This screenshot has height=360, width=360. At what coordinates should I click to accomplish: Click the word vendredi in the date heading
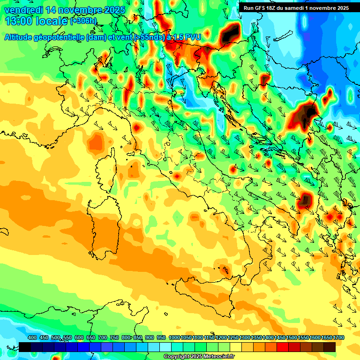click(x=23, y=10)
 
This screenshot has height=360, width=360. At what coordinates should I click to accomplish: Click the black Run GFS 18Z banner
click(x=296, y=8)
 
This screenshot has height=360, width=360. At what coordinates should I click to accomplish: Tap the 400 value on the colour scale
click(x=32, y=338)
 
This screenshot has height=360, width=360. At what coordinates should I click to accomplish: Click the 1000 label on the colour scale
click(x=174, y=338)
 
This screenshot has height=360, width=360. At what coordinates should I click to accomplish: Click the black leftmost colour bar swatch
click(x=25, y=347)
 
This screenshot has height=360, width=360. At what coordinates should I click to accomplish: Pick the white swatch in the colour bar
click(x=165, y=347)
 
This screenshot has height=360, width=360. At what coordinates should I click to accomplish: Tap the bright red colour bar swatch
click(x=283, y=347)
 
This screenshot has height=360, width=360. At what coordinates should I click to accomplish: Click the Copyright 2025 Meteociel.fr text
click(x=199, y=357)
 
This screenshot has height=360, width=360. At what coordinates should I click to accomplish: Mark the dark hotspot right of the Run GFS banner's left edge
click(x=230, y=33)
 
